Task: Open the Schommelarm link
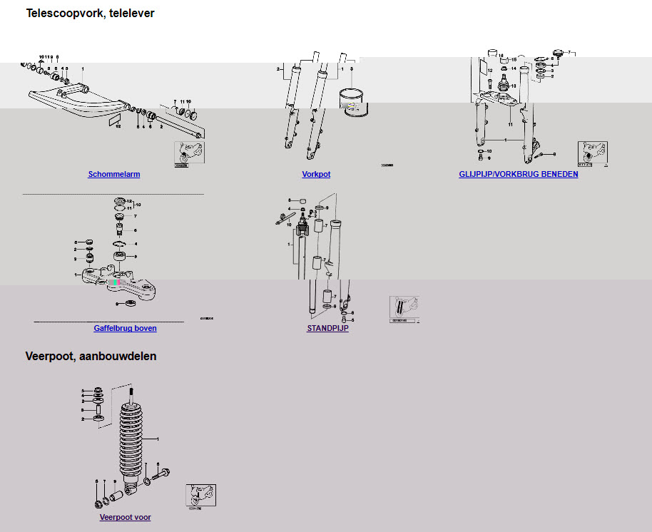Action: click(114, 174)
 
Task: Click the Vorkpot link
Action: click(316, 174)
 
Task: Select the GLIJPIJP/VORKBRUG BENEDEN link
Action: click(519, 174)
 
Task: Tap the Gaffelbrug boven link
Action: click(125, 328)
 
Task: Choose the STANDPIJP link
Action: click(327, 328)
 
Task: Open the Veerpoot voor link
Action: click(125, 517)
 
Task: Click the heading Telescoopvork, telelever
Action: click(90, 13)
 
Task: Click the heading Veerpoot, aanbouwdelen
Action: click(91, 356)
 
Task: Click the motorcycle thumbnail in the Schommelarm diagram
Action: click(189, 153)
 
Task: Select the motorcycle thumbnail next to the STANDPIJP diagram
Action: click(404, 308)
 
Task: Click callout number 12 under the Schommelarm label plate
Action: click(118, 126)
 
